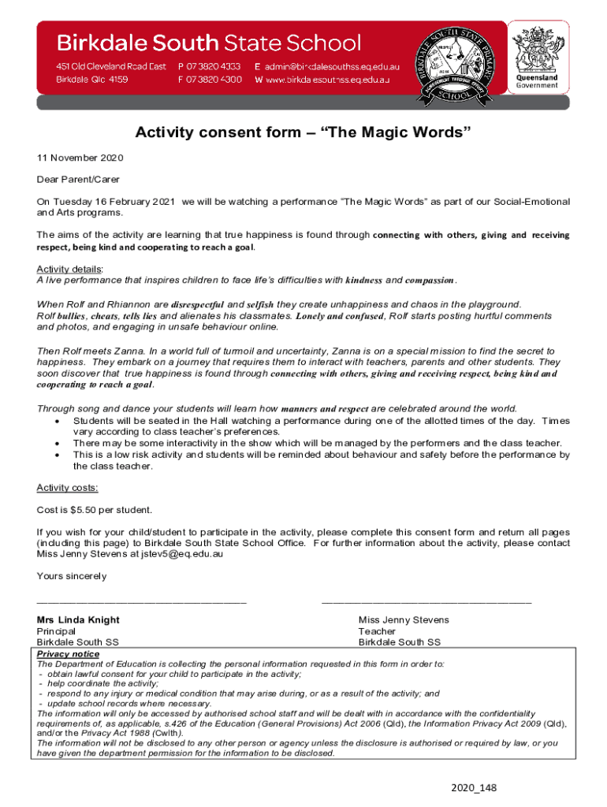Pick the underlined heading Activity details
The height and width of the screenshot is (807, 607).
click(x=69, y=269)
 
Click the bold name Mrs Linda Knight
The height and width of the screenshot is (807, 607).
click(x=78, y=620)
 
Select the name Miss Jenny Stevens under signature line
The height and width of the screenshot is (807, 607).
click(x=404, y=620)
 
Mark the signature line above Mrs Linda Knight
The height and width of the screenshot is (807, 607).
click(x=142, y=603)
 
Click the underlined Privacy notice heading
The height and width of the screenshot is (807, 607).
click(x=69, y=654)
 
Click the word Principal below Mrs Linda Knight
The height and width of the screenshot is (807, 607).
click(x=57, y=631)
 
